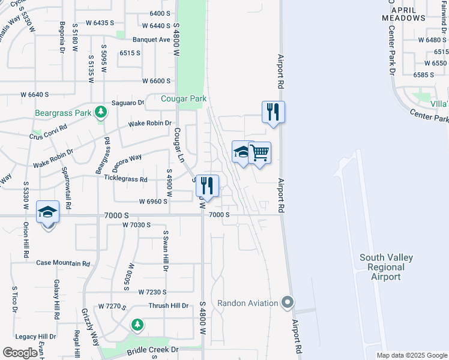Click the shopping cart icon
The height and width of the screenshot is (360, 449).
coord(259,153)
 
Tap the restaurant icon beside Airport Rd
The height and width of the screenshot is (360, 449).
coord(273,112)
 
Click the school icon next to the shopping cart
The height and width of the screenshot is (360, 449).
coord(243,152)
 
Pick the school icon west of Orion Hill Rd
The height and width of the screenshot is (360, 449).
coord(47,212)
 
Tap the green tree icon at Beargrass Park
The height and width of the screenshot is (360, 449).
coord(101,112)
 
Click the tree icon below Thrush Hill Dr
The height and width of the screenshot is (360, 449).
coord(137,325)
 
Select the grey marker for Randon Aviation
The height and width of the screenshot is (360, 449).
coord(289,302)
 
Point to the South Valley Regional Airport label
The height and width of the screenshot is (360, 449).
coord(386,267)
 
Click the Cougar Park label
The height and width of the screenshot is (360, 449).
coord(184,98)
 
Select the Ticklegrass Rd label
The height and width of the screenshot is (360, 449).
coord(125,179)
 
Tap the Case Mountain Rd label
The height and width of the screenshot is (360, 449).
coord(63,263)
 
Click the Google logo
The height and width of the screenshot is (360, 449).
coord(20,353)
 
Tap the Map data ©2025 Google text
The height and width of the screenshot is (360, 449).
coord(411,355)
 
